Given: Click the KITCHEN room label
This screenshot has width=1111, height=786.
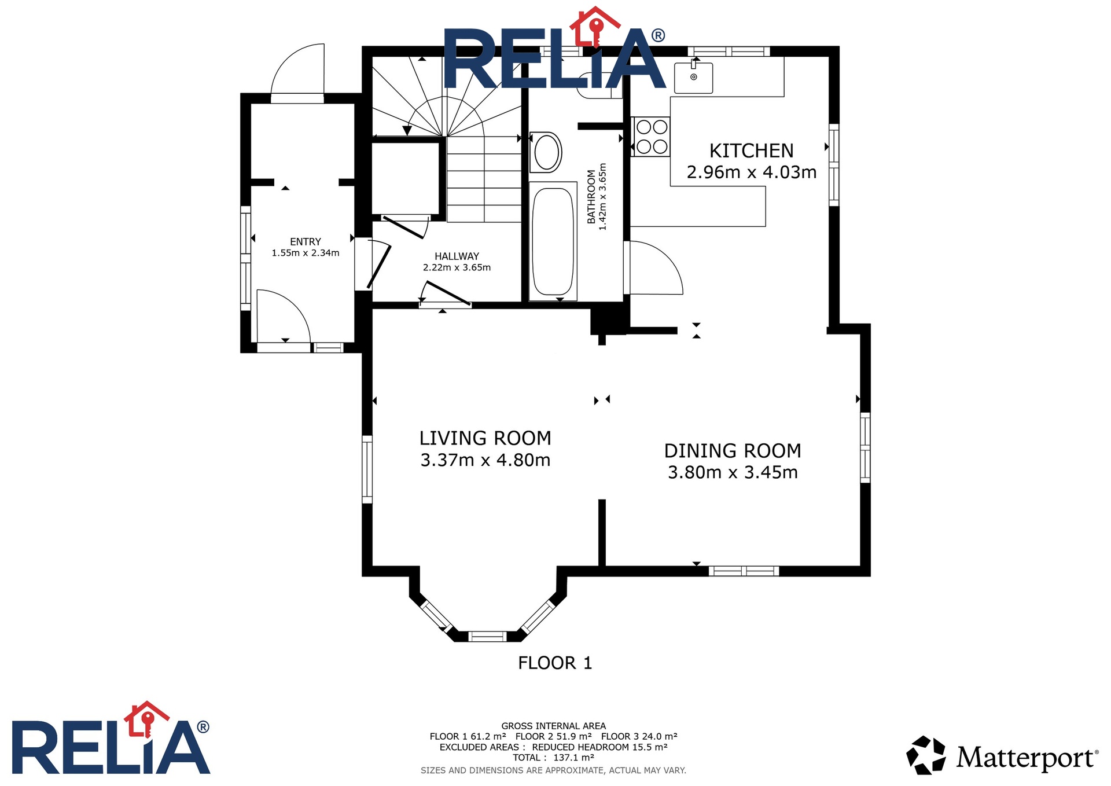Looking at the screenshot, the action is (751, 150).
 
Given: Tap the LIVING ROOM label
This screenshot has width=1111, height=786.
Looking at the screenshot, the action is (485, 438).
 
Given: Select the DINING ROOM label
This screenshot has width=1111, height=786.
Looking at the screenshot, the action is (733, 451).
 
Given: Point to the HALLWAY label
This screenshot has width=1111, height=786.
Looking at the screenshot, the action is (457, 256).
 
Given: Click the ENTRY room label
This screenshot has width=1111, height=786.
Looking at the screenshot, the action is (306, 242).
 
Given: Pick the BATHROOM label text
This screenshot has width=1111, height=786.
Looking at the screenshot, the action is (591, 196).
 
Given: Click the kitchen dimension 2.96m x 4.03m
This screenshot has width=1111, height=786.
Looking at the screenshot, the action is (751, 172).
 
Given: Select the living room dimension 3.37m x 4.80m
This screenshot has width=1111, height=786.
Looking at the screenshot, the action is (485, 460).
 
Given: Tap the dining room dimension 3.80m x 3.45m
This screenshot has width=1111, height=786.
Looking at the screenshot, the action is (733, 472).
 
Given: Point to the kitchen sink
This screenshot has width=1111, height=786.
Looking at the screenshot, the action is (693, 77).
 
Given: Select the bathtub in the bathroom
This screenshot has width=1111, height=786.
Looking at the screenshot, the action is (553, 241).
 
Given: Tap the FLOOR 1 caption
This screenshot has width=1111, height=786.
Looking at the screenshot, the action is (555, 663).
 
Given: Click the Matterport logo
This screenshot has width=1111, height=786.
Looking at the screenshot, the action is (1002, 755).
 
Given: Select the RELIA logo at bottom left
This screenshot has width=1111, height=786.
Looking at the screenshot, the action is (111, 739).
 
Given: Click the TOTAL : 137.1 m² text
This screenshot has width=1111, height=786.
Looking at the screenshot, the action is (553, 758).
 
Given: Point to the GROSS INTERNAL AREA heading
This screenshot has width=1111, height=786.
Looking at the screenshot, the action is (553, 726).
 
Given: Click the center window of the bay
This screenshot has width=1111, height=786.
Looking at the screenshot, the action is (487, 637).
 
